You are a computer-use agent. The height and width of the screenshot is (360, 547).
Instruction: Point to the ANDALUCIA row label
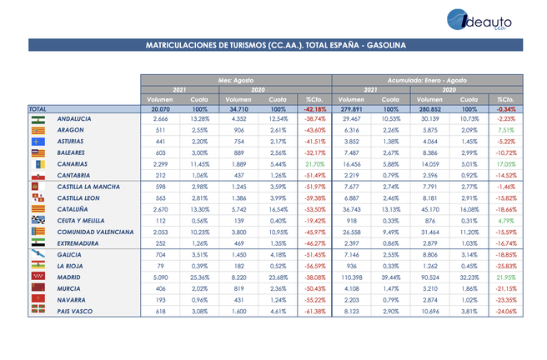(74, 119)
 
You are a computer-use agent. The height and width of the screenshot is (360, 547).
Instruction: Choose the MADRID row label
(69, 274)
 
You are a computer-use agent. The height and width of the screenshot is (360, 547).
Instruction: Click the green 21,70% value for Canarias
(315, 164)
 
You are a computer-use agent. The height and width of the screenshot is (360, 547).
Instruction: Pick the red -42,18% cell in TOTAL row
(315, 108)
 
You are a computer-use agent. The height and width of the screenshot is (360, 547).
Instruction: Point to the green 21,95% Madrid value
(506, 274)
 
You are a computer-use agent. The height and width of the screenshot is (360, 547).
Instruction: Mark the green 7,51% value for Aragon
(506, 131)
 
